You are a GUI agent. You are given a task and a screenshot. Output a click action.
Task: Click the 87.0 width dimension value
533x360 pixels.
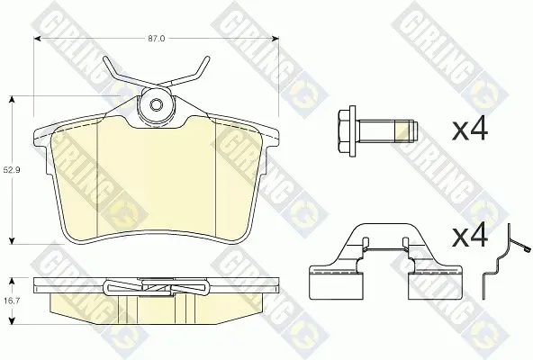pyautogui.click(x=157, y=39)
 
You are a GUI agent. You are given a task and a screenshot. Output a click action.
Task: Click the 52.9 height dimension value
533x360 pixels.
pyautogui.click(x=12, y=170)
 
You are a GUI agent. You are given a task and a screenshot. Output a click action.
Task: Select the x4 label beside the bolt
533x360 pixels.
pyautogui.click(x=470, y=130)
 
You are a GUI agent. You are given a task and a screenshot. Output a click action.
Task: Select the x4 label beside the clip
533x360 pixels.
pyautogui.click(x=470, y=236)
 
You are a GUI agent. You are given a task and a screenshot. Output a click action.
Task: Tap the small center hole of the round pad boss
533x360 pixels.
pyautogui.click(x=156, y=104)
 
